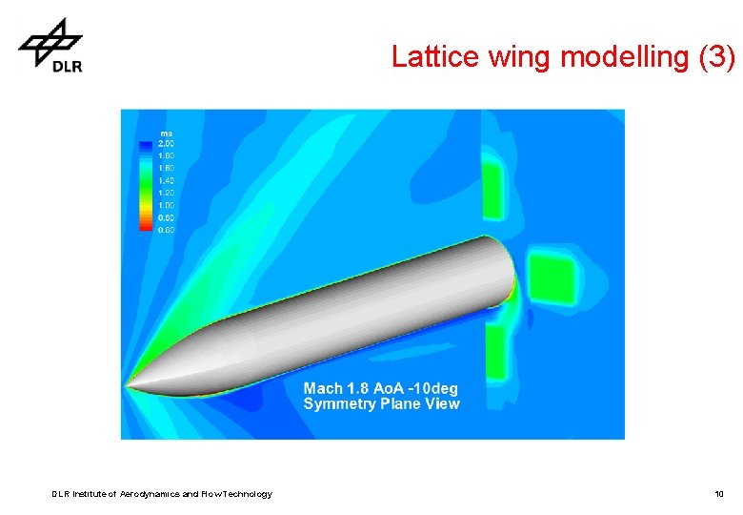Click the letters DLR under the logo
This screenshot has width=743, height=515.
[x=66, y=66]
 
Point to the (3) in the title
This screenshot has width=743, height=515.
[x=716, y=58]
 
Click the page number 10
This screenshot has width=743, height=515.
[x=719, y=494]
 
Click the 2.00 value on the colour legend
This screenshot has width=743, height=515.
[x=165, y=143]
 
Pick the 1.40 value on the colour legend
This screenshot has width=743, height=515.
[x=165, y=180]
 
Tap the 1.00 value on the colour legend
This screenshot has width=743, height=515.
[x=165, y=205]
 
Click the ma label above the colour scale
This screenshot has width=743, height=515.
[x=166, y=133]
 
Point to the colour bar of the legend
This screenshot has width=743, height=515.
[x=145, y=186]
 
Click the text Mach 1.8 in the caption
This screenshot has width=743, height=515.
[x=338, y=389]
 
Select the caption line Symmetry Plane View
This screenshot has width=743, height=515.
[x=381, y=404]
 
